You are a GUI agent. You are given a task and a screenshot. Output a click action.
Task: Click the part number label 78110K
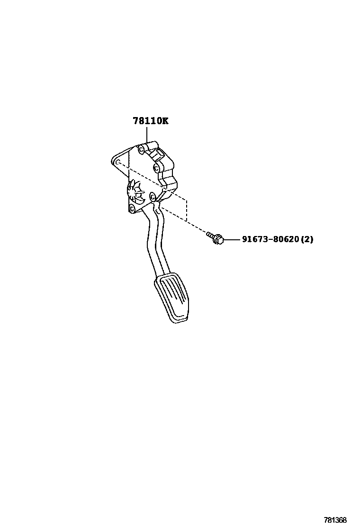point(150,121)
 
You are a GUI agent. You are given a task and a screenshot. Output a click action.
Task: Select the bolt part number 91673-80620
point(270,240)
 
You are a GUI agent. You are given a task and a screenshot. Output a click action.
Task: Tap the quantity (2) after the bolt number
point(307,240)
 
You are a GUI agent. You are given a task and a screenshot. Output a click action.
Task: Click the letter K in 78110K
point(164,121)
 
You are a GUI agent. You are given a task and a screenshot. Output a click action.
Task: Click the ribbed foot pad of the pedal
point(173,299)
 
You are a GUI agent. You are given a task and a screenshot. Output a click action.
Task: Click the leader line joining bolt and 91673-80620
point(232,240)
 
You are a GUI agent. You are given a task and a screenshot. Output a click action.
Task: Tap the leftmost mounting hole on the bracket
point(117,162)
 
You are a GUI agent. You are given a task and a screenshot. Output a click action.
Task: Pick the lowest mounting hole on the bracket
point(132,209)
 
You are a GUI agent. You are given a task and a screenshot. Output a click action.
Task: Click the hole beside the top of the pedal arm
point(152,196)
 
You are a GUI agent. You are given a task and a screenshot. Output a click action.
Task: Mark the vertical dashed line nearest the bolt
point(187,211)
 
